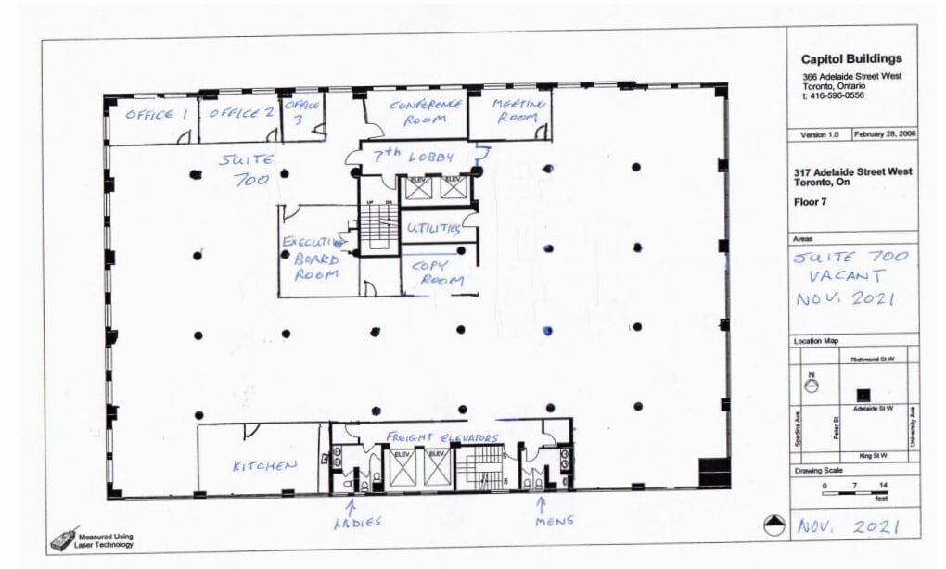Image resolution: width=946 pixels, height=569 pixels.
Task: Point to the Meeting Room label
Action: (x=517, y=110)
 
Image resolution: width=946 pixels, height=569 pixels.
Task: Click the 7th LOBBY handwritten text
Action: (x=412, y=156)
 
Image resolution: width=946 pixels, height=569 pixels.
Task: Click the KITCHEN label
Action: (x=264, y=465)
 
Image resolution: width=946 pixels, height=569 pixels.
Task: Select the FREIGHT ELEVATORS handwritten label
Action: (x=442, y=437)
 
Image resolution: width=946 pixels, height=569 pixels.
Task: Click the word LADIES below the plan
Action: (x=357, y=524)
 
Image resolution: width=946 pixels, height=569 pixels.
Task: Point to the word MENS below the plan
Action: (x=554, y=521)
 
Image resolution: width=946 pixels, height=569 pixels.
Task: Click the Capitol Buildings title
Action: (x=850, y=59)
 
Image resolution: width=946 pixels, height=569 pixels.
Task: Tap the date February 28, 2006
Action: (x=886, y=134)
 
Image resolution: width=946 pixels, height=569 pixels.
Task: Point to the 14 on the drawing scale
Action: (x=882, y=485)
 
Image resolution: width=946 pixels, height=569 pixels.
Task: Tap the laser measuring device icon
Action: (x=63, y=540)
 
